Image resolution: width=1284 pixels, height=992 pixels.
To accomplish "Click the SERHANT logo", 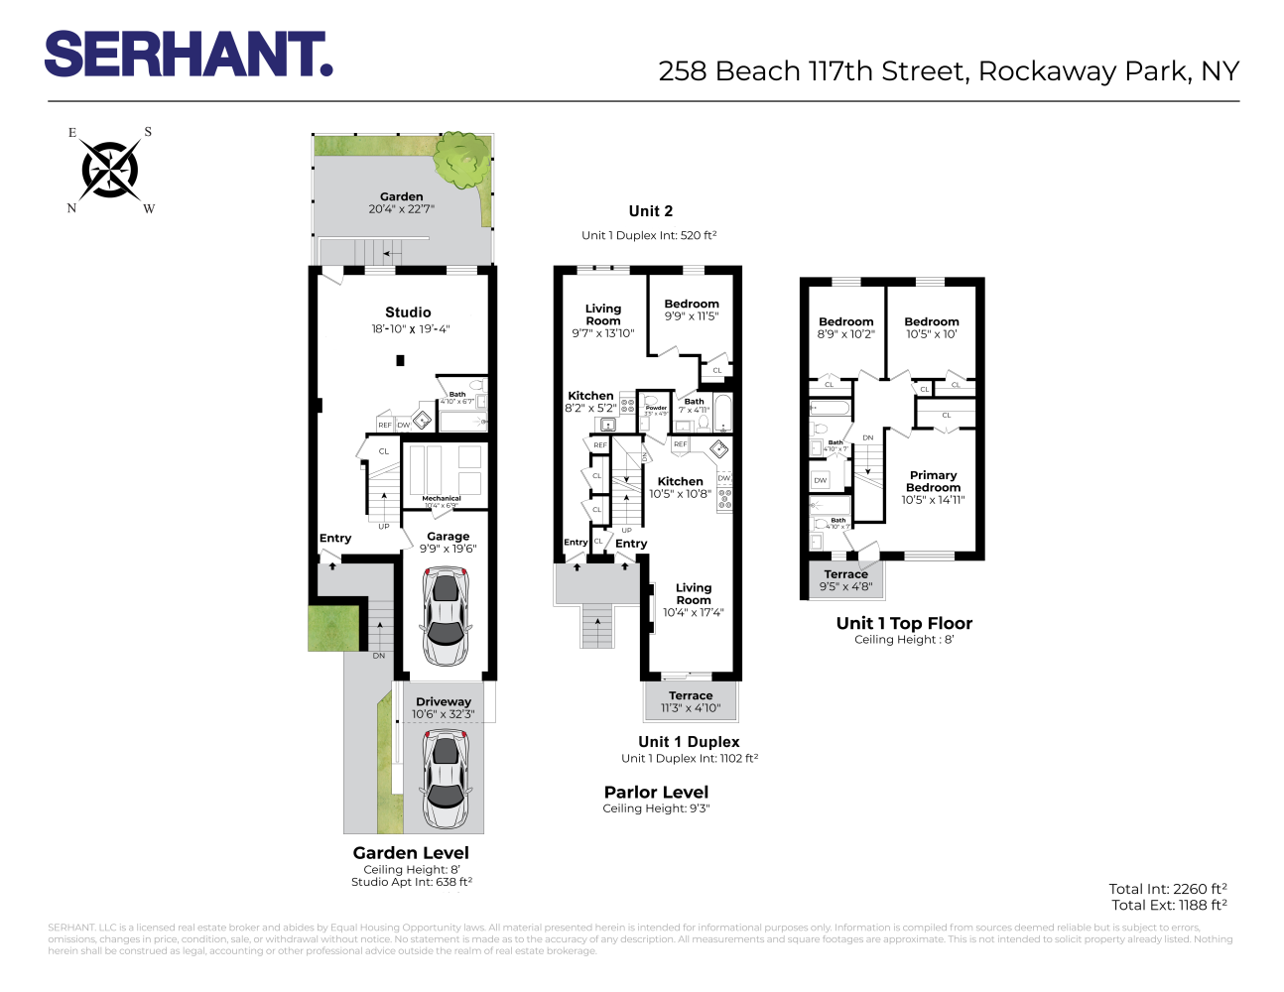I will point(189,55).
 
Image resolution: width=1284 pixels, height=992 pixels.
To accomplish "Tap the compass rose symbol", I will point(110,170).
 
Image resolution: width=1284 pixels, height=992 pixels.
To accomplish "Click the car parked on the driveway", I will point(445,780).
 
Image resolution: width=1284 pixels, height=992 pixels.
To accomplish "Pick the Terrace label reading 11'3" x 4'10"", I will point(691,701).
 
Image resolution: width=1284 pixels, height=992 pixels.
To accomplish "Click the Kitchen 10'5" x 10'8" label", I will point(681,487).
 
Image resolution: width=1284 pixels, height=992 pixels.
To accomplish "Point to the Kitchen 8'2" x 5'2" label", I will point(590,402).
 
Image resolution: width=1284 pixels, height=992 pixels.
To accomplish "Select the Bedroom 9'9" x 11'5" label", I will point(692,310).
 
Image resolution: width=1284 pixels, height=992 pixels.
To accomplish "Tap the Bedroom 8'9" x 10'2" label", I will point(845,328).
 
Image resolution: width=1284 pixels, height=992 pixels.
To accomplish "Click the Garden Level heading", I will point(411,853).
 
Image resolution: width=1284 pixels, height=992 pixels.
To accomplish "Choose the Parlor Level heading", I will point(656,793).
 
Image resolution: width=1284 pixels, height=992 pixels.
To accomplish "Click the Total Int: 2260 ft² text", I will point(1168,889).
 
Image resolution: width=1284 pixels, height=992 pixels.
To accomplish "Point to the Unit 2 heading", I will point(651,211).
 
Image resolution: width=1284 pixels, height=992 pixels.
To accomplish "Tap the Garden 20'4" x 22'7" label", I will point(401,202).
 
